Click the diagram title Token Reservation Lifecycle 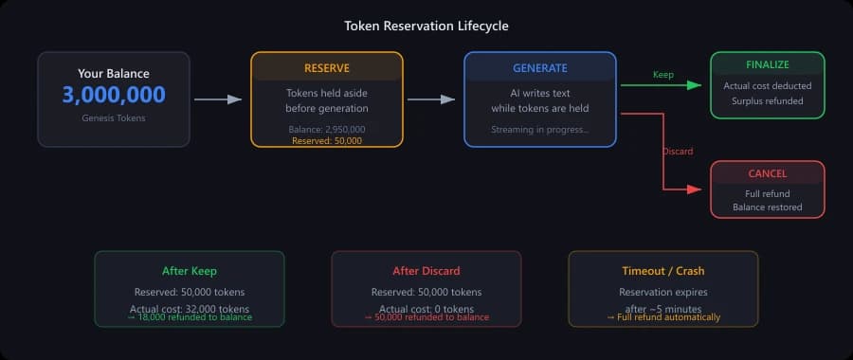(426, 26)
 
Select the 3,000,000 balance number (114, 95)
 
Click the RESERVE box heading (327, 68)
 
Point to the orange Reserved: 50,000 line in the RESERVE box (327, 140)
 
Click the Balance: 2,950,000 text (327, 129)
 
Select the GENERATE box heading (540, 68)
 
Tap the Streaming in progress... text (540, 129)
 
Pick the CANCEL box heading (768, 175)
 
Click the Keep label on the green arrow (664, 74)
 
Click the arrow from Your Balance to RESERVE (219, 99)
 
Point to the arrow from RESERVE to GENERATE (433, 99)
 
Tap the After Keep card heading (190, 271)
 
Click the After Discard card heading (426, 271)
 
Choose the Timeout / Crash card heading (663, 271)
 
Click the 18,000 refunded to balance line (190, 317)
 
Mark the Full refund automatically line (663, 317)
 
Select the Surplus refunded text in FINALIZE (768, 99)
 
